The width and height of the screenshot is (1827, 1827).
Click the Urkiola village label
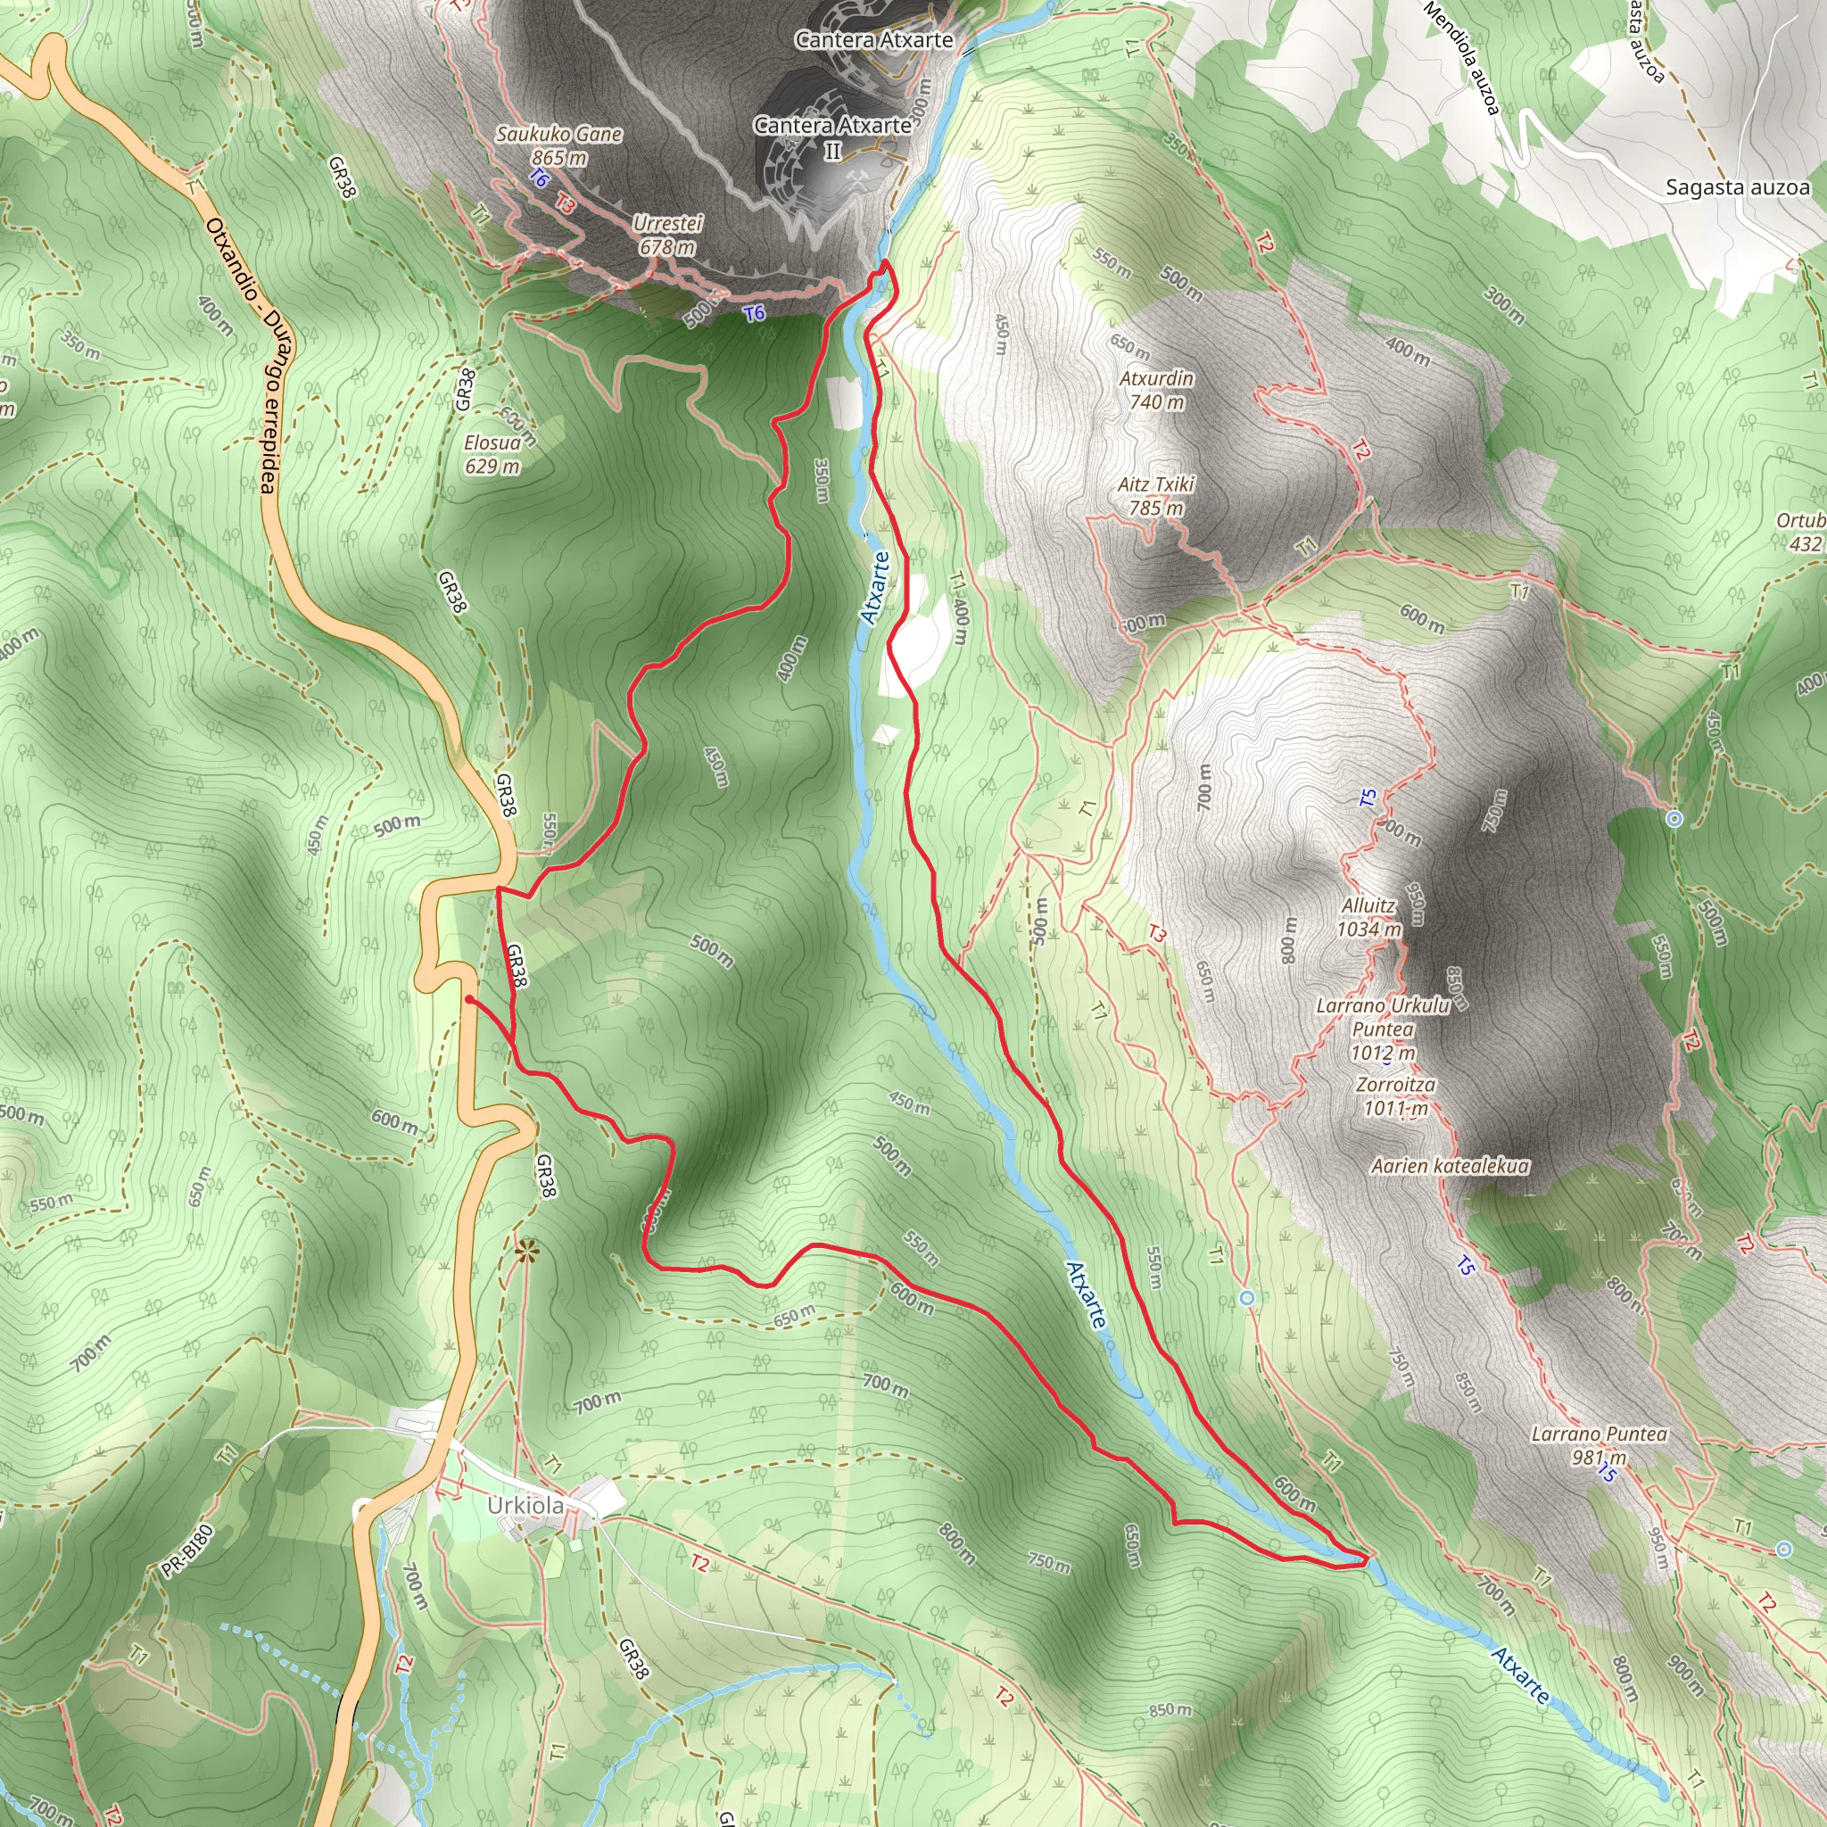click(525, 1506)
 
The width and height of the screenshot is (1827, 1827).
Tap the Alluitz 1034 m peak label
click(1368, 917)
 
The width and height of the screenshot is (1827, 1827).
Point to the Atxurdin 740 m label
click(1155, 390)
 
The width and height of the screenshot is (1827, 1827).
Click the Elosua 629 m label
click(492, 454)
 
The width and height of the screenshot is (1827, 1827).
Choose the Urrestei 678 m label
click(667, 236)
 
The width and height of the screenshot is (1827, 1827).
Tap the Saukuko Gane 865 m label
click(558, 145)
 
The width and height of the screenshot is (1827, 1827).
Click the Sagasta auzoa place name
click(1737, 187)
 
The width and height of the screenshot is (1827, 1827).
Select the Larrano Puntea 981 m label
click(1600, 1445)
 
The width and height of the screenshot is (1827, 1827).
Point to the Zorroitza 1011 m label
click(1395, 1096)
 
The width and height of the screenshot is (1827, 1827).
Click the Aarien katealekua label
click(1450, 1166)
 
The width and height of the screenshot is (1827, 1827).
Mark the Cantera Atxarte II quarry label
click(832, 137)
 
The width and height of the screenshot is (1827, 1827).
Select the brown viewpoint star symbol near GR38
click(526, 1251)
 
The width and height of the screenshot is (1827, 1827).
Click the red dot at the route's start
click(469, 998)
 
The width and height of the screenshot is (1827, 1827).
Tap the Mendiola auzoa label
click(1461, 57)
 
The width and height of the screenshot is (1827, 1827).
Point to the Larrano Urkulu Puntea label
click(1383, 1029)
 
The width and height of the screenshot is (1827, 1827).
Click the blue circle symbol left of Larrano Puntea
click(1247, 1298)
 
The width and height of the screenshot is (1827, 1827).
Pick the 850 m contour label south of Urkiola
click(1170, 1710)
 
